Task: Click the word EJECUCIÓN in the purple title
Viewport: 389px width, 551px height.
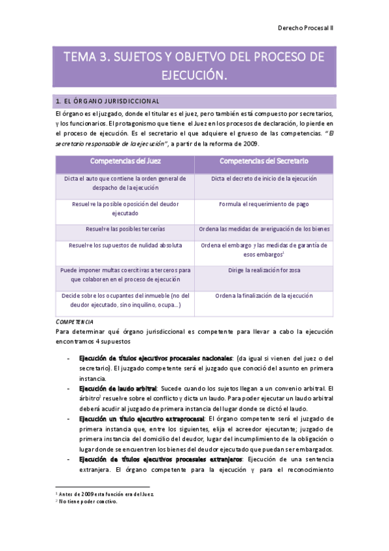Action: (194, 75)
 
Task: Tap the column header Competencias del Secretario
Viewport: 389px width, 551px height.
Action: (264, 160)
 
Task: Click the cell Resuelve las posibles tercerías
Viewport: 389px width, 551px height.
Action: (125, 229)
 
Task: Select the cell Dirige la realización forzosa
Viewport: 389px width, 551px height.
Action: (264, 270)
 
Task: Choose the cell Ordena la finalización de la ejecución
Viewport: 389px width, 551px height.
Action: (264, 296)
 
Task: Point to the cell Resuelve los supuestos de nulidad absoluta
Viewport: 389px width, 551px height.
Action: (125, 246)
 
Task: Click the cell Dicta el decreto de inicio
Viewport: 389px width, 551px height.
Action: (264, 178)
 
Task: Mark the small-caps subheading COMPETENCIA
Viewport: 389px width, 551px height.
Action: (75, 322)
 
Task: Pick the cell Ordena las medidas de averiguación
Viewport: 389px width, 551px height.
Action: (264, 229)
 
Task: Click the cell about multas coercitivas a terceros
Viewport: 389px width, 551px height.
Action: (125, 274)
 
